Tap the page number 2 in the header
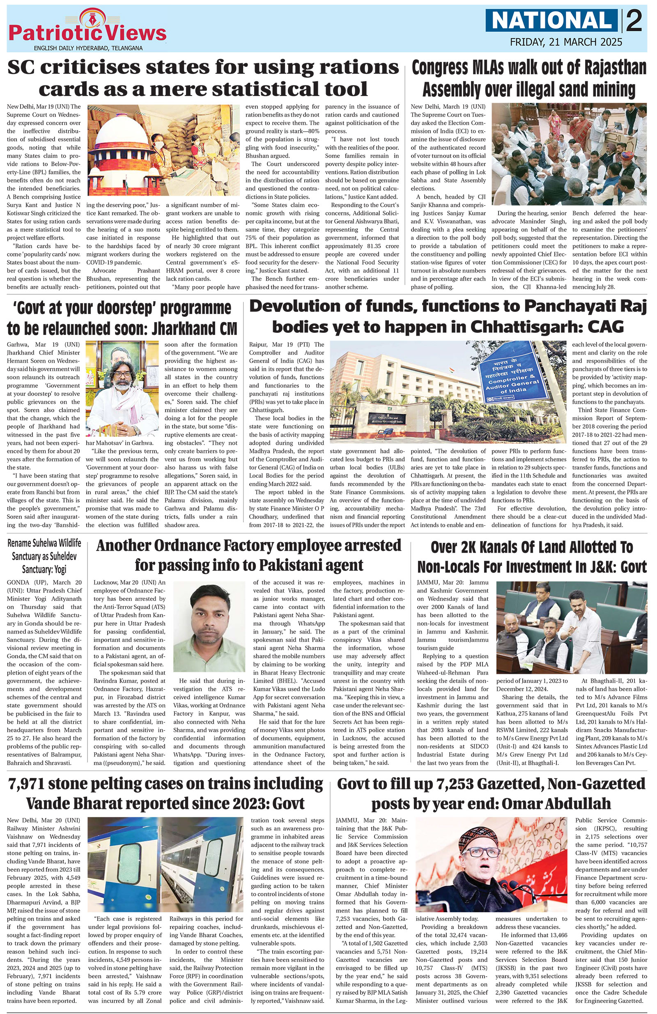click(634, 21)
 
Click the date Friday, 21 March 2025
click(566, 42)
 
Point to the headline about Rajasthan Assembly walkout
click(528, 79)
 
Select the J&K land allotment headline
click(532, 557)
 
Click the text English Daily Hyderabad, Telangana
click(88, 48)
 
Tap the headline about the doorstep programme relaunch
click(122, 318)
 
